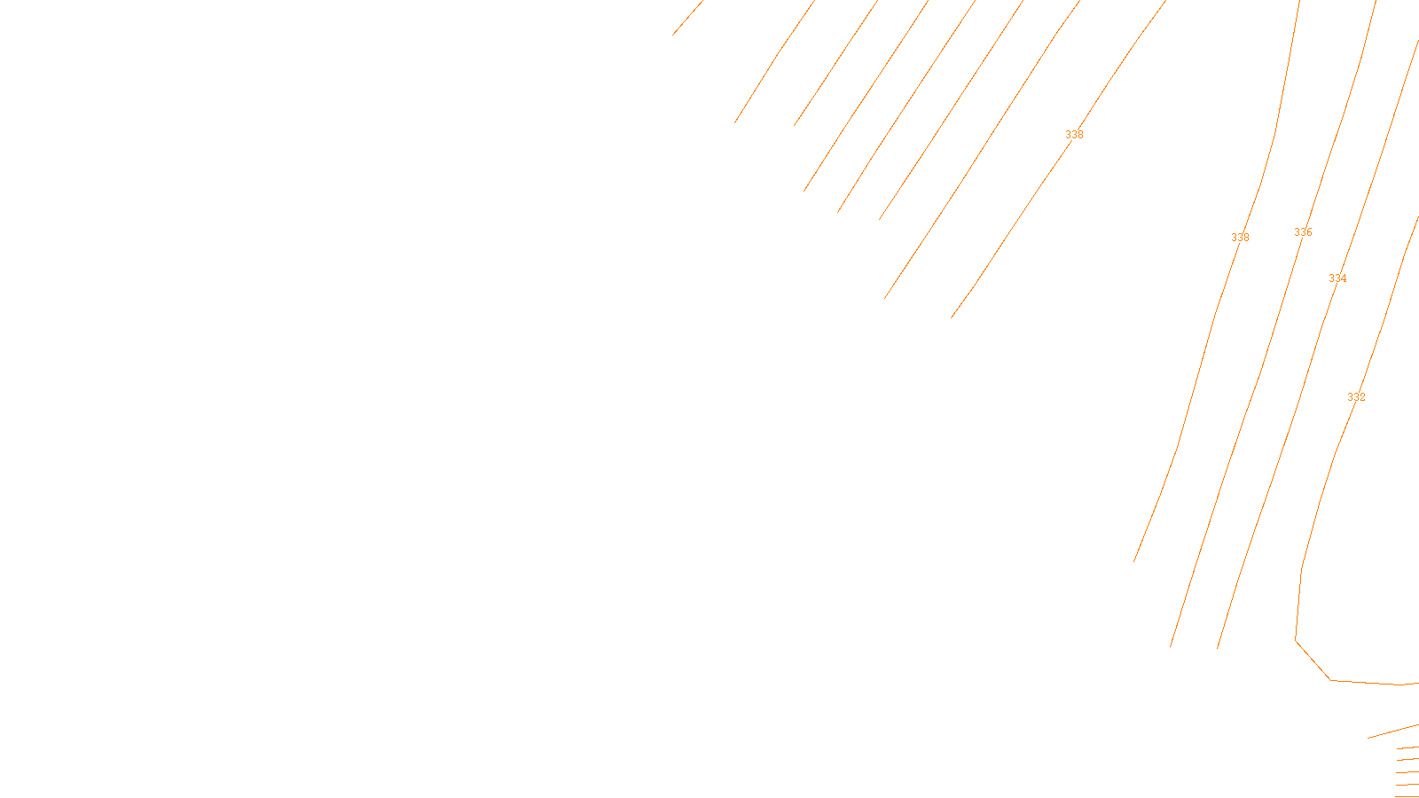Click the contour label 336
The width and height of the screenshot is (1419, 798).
(x=1303, y=232)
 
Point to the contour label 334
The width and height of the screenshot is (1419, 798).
(x=1337, y=278)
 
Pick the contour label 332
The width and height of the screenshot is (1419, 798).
(x=1356, y=397)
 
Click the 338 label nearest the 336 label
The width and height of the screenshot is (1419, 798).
(x=1240, y=238)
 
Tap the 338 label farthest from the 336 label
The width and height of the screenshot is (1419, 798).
(x=1074, y=135)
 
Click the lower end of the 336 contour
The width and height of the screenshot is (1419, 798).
(x=1171, y=645)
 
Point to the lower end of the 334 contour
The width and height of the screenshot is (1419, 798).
(x=1218, y=648)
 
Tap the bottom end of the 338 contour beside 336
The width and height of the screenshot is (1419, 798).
(x=1134, y=561)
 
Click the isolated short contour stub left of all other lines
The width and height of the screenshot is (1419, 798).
(x=687, y=18)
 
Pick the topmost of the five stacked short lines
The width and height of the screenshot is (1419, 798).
(x=1407, y=748)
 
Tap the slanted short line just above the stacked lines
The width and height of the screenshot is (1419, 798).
(x=1392, y=731)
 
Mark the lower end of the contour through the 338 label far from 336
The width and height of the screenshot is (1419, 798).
(x=953, y=317)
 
